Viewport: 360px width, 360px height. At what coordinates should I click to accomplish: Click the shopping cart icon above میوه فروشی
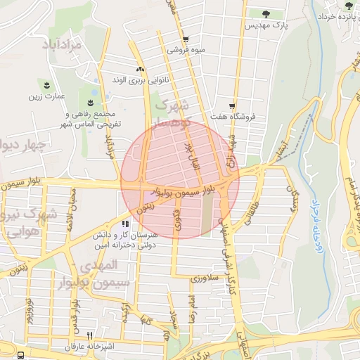(x=185, y=39)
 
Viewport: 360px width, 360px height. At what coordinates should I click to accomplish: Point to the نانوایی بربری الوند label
(x=141, y=80)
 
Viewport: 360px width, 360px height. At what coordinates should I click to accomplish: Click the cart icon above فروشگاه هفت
(x=233, y=106)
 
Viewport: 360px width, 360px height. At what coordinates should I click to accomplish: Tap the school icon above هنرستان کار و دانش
(x=127, y=224)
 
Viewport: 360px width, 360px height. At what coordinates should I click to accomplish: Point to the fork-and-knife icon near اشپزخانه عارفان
(x=89, y=335)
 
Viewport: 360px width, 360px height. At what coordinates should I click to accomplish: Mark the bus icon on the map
(x=22, y=355)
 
